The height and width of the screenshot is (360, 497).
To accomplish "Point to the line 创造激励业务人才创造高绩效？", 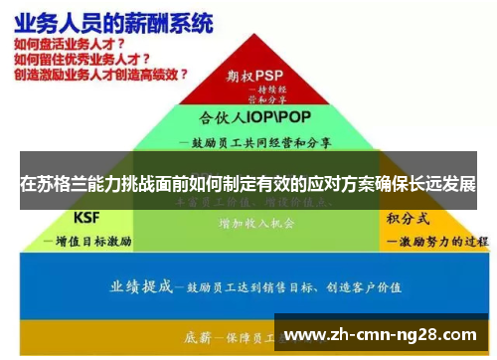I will [100, 74].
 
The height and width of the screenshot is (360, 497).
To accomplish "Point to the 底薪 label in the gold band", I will [205, 335].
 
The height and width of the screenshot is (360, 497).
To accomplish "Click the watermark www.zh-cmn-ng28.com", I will [380, 334].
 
